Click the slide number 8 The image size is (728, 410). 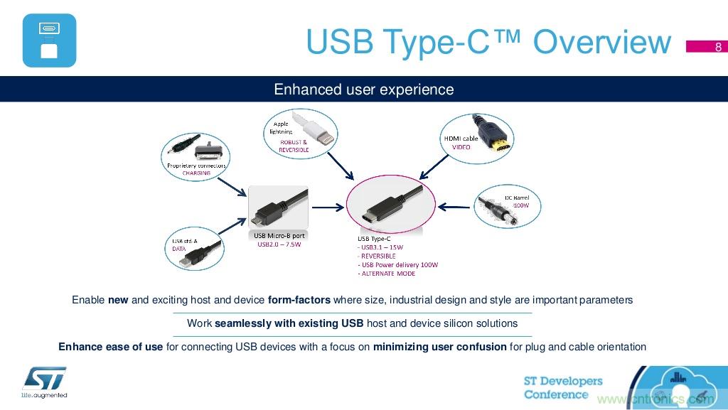coord(718,48)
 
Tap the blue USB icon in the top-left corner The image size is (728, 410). coord(49,41)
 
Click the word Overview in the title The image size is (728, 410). coord(601,43)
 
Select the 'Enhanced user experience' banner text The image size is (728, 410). coord(363,90)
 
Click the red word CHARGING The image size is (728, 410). coord(196,173)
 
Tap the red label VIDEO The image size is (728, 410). coord(461,147)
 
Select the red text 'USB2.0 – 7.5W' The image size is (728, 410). coord(279,245)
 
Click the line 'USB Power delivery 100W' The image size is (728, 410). coord(398,265)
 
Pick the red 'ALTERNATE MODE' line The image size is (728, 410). coord(387,274)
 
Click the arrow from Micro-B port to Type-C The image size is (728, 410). coord(328,207)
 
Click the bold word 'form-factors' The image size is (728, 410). coord(299,300)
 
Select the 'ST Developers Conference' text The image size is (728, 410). coord(562,388)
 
